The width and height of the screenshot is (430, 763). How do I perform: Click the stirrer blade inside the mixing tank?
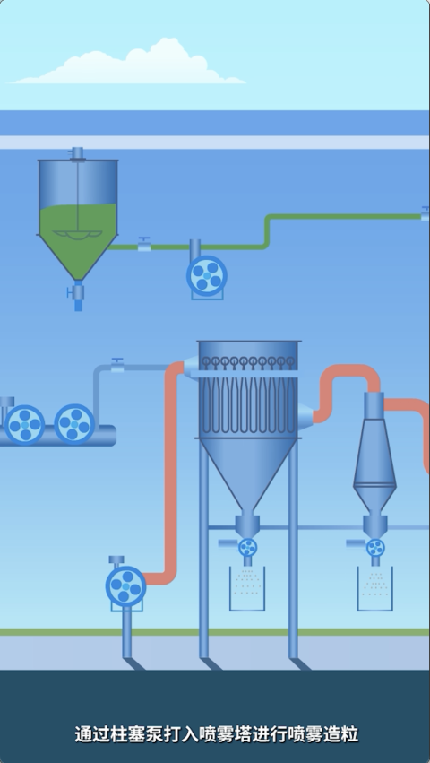click(x=78, y=235)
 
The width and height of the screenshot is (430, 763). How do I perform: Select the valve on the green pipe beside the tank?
click(x=144, y=244)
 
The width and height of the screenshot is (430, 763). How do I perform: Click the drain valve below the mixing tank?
click(x=76, y=292)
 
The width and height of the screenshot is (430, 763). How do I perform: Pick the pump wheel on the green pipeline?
click(x=207, y=275)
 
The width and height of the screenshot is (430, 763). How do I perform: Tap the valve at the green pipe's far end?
click(x=426, y=213)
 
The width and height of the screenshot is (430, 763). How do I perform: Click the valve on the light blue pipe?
click(x=117, y=365)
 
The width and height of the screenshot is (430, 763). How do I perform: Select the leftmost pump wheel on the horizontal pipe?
click(x=24, y=425)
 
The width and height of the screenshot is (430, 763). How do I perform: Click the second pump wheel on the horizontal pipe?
click(x=74, y=424)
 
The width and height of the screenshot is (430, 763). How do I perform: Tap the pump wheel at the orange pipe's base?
click(x=126, y=586)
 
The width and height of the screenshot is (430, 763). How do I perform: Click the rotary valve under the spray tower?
click(x=247, y=548)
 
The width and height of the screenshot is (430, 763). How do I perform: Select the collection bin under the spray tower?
click(x=247, y=589)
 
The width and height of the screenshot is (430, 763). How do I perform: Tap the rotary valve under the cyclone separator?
click(x=375, y=548)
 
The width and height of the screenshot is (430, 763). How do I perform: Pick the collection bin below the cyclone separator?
click(x=375, y=589)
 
